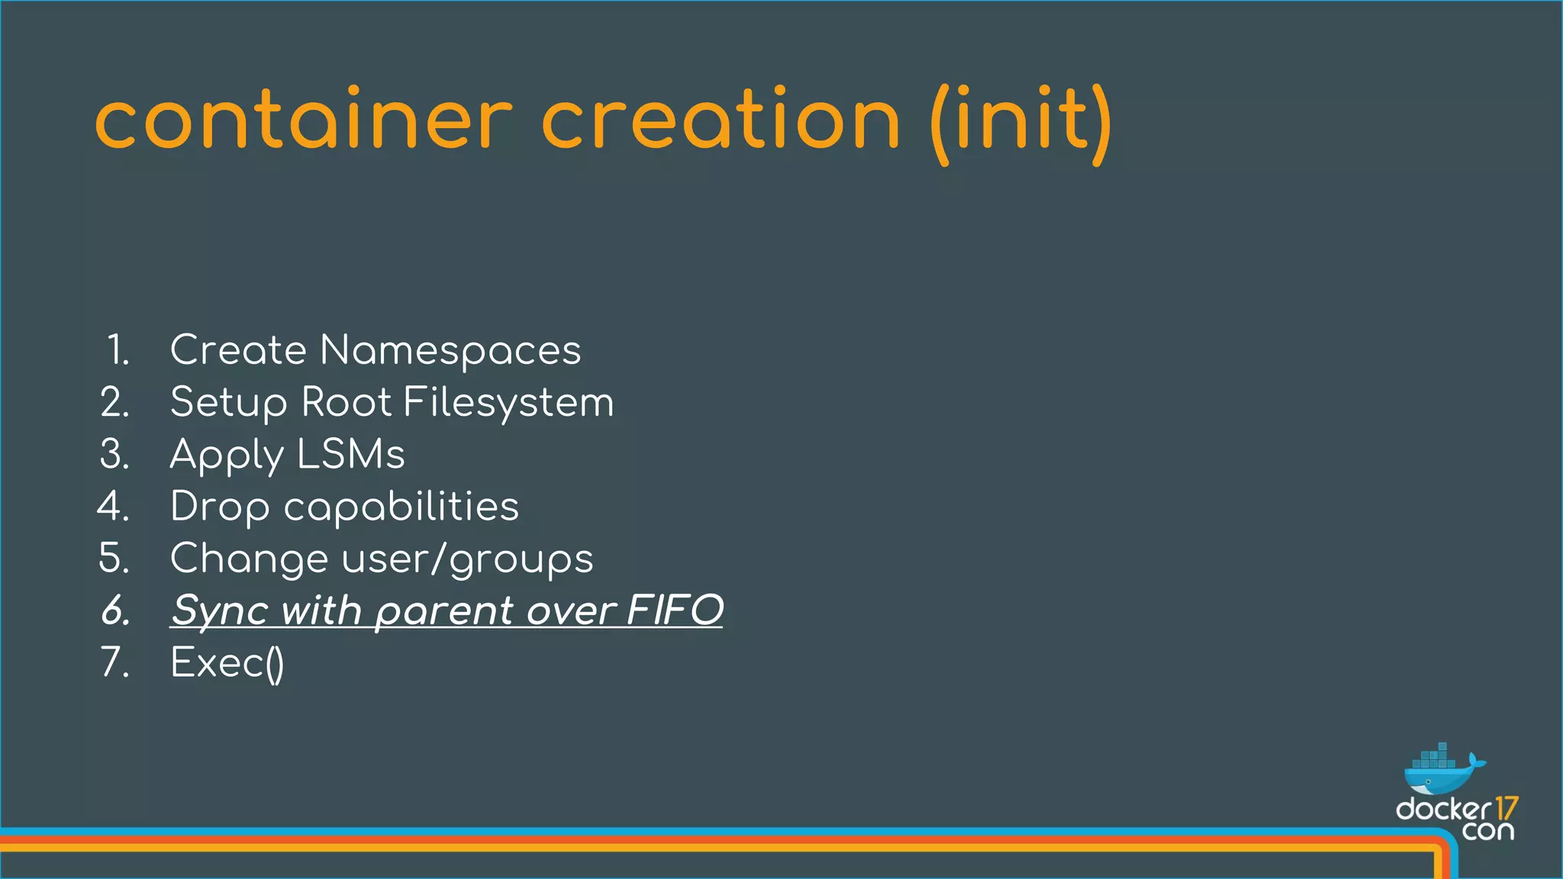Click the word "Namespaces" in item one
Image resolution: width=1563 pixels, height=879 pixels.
pos(450,350)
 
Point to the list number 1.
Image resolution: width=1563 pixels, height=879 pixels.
pos(118,350)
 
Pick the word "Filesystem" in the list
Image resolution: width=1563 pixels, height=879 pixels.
pos(508,402)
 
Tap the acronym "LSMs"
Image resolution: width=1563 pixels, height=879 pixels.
pos(351,454)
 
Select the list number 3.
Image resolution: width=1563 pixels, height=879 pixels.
pos(115,454)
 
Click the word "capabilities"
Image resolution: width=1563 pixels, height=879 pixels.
pos(401,507)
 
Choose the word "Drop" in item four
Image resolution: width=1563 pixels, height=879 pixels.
pos(220,507)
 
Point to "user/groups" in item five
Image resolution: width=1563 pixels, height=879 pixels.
pos(467,559)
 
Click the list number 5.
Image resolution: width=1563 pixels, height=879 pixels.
pos(115,559)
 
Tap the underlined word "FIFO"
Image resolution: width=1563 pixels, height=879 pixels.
pos(675,610)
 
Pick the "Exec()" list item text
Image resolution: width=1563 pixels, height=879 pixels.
pos(227,662)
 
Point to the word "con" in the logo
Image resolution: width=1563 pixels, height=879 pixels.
pos(1487,831)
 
